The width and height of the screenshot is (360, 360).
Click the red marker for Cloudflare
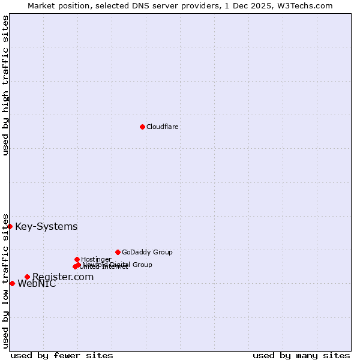142,127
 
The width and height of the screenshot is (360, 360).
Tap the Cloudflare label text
163,127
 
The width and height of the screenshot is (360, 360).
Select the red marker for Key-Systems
10,226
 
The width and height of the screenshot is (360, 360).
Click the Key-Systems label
46,227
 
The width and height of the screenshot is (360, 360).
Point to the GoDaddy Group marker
118,252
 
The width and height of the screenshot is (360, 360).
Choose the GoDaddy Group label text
147,253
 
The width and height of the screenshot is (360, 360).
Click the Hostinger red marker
77,259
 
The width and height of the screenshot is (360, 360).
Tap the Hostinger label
96,260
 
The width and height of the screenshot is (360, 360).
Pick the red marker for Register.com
27,277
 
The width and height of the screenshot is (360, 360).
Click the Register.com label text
63,277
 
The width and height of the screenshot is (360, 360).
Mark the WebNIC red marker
12,283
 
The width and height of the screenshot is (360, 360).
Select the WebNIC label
37,284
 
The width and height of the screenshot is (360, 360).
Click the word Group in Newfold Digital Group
142,265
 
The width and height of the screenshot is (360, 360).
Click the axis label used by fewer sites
62,356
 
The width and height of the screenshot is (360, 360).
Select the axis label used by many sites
301,356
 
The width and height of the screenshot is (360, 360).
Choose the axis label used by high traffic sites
5,85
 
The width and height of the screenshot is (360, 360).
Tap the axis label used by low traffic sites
5,281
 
